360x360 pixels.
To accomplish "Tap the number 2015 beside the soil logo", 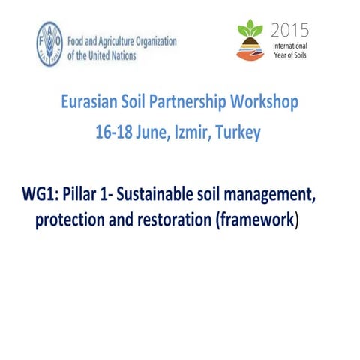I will pos(288,31).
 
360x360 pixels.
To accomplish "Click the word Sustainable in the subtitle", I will pos(159,198).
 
